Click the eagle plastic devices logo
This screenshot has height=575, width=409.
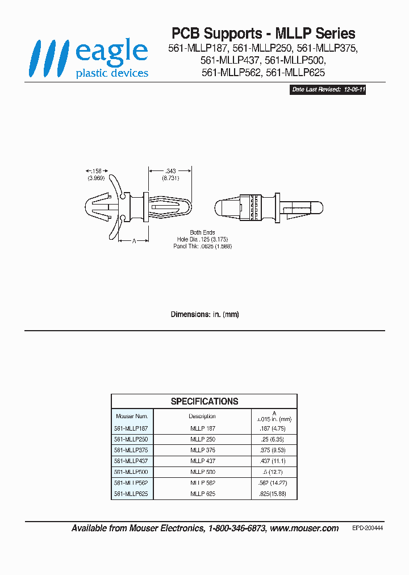[90, 59]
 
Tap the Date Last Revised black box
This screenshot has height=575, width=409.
[328, 90]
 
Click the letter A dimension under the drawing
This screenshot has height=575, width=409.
[133, 241]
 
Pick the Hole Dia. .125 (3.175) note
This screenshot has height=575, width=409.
[203, 240]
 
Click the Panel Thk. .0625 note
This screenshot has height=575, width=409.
[203, 247]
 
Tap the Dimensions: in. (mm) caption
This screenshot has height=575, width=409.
[204, 314]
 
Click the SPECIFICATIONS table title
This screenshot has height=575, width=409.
[204, 401]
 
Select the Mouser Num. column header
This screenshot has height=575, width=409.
[132, 416]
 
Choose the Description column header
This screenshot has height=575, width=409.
[202, 416]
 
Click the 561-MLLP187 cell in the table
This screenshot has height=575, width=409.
[131, 428]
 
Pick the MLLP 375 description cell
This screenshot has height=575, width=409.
[203, 450]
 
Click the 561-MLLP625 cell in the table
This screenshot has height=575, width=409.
[131, 494]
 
